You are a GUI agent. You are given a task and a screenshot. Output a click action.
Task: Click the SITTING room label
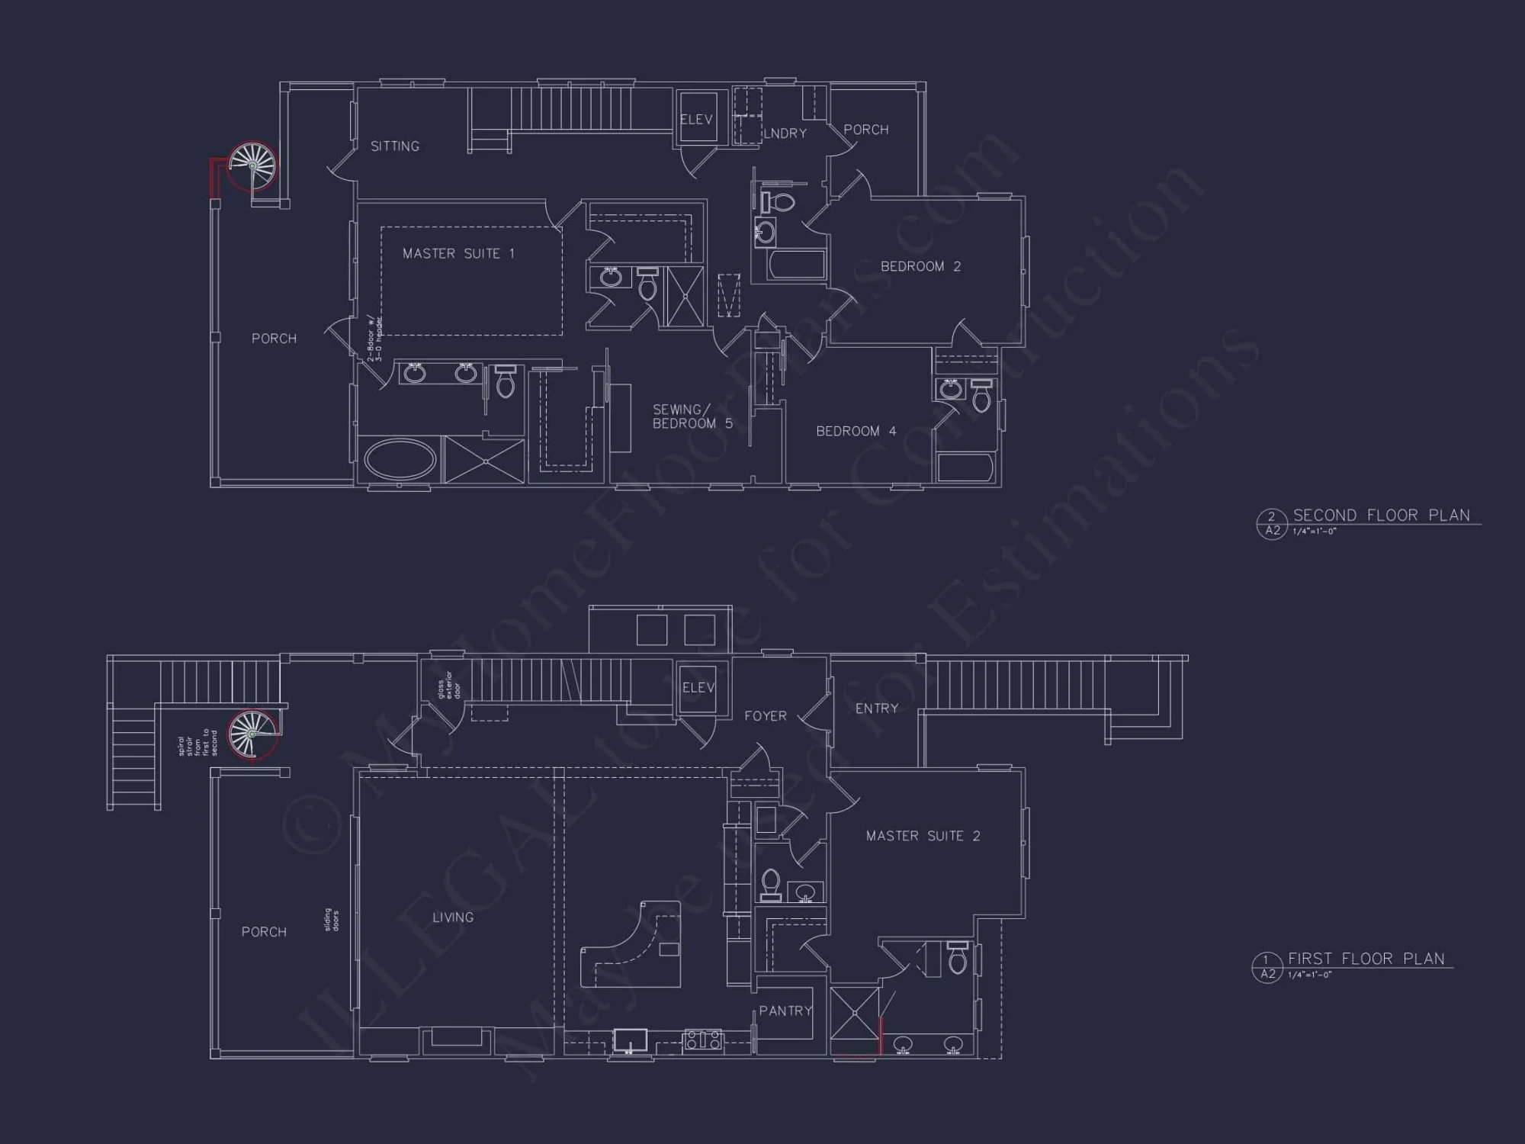coord(395,146)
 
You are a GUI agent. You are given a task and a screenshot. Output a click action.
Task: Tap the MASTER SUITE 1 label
coord(458,254)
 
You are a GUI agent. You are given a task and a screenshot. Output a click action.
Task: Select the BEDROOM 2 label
coord(920,266)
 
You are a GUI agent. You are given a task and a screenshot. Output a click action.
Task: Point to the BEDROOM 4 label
coord(856,432)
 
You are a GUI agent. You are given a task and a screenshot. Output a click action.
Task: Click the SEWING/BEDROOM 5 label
coord(692,416)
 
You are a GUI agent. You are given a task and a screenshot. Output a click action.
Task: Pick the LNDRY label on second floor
coord(785,133)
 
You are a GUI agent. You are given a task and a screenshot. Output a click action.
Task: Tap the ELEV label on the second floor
coord(696,120)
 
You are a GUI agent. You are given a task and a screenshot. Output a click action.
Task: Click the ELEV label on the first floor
coord(698,688)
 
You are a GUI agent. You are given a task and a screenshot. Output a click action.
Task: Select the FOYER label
coord(765,716)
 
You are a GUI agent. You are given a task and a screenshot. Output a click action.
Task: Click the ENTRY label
coord(877,709)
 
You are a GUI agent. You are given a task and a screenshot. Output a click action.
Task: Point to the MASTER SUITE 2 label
coord(923,836)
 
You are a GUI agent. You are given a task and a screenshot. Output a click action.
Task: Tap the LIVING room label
coord(453,917)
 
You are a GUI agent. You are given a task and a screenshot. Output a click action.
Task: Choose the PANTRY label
coord(785,1011)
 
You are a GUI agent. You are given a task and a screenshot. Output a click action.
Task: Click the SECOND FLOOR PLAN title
coord(1381,516)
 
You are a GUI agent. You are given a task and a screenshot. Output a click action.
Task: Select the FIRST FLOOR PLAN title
coord(1366,959)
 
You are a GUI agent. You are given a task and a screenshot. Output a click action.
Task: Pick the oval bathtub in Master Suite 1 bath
coord(400,459)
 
